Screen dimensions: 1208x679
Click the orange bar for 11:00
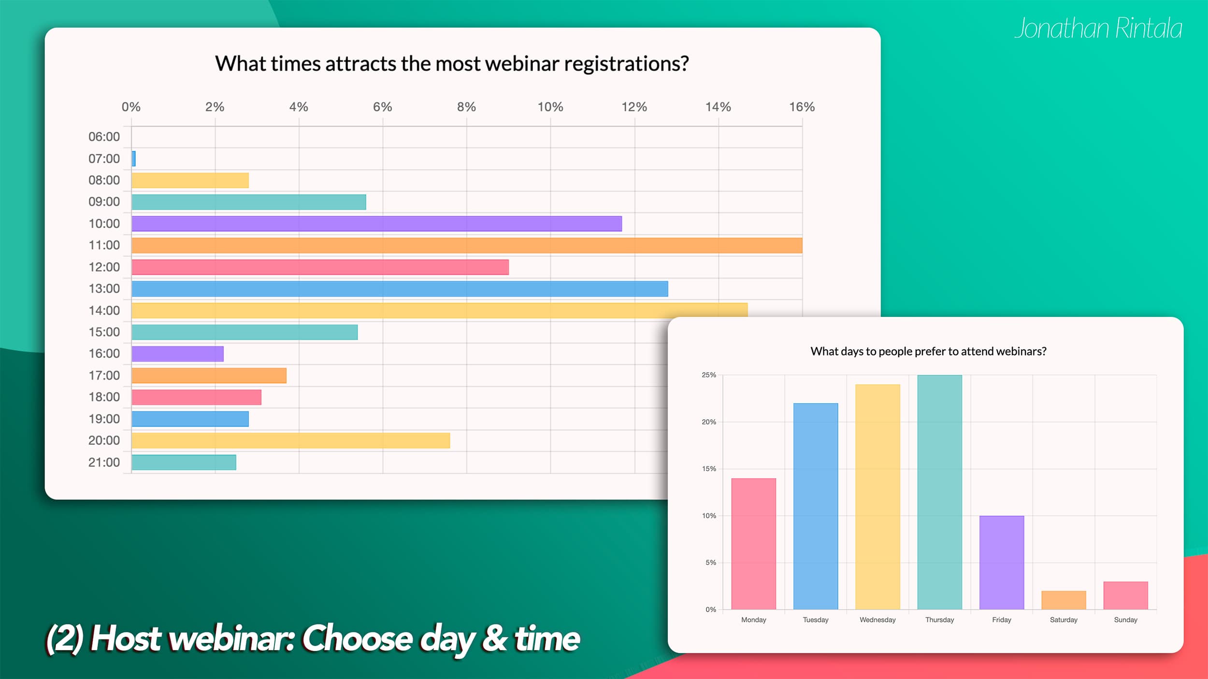(x=467, y=245)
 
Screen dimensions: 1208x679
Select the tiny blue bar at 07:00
(x=133, y=158)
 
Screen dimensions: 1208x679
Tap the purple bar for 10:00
(x=376, y=224)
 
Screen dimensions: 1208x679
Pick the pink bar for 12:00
(x=320, y=267)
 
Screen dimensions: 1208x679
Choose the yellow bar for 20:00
(x=290, y=440)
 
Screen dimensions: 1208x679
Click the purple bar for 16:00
(x=177, y=354)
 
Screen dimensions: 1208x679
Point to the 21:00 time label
(x=104, y=462)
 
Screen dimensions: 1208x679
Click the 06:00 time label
(x=104, y=137)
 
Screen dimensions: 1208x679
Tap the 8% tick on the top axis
(x=466, y=107)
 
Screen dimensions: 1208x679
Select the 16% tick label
(x=802, y=107)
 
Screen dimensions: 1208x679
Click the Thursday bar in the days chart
(x=939, y=492)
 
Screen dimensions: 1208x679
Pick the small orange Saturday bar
(x=1064, y=600)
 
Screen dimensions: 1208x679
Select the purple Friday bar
(x=1002, y=563)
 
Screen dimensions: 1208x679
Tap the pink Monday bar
(x=753, y=544)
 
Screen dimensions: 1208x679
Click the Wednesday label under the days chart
(x=877, y=620)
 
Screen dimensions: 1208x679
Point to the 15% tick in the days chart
(x=709, y=468)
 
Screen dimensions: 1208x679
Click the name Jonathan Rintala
(x=1098, y=28)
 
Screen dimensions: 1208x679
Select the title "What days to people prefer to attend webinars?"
(x=928, y=351)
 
